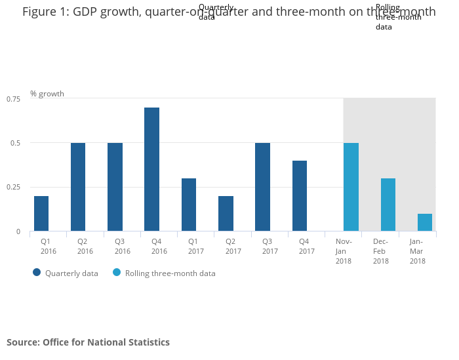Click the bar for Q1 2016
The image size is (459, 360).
tap(41, 214)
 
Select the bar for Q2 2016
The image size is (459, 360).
tap(78, 187)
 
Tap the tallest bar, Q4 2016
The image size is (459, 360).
tap(151, 169)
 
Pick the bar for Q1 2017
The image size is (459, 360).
tap(189, 205)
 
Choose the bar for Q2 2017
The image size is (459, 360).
tap(226, 214)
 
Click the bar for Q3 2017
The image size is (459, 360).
tap(262, 187)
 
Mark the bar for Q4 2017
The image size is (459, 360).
tap(300, 196)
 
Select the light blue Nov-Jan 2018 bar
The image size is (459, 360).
tap(351, 187)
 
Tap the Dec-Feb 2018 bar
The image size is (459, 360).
tap(388, 205)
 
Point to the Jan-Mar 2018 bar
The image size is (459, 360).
tap(425, 222)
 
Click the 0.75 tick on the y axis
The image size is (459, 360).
tap(14, 98)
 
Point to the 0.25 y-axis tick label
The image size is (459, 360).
tap(14, 188)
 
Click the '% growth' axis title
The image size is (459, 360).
tap(47, 94)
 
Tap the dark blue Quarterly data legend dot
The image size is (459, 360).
tap(37, 273)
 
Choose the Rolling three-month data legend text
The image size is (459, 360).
tap(170, 273)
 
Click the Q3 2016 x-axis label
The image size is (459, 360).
tap(123, 247)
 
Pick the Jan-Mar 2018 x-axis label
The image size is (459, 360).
tap(417, 251)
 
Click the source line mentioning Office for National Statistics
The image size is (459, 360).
tap(88, 342)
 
